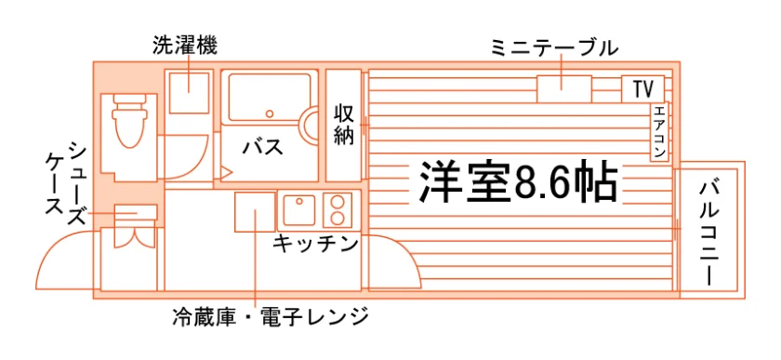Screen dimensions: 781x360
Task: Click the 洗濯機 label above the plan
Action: (x=185, y=47)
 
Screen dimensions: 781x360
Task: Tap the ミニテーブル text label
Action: (x=554, y=47)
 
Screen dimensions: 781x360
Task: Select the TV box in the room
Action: (x=642, y=88)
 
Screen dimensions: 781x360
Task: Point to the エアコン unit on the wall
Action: (x=659, y=132)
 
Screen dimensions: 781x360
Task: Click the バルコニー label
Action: (x=709, y=234)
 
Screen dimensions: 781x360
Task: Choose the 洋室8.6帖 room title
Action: (x=518, y=181)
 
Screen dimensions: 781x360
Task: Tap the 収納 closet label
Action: (x=344, y=124)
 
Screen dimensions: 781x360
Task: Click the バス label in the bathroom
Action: (x=262, y=148)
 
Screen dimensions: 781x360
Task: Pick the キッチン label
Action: (x=316, y=244)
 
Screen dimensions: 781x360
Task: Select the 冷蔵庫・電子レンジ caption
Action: (x=270, y=316)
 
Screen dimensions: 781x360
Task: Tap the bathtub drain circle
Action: (x=270, y=113)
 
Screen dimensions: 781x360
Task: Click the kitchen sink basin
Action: (x=298, y=210)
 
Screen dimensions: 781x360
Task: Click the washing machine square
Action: (x=189, y=93)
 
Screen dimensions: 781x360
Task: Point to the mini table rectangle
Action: (x=563, y=89)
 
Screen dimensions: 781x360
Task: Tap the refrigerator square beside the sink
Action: (x=255, y=212)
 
